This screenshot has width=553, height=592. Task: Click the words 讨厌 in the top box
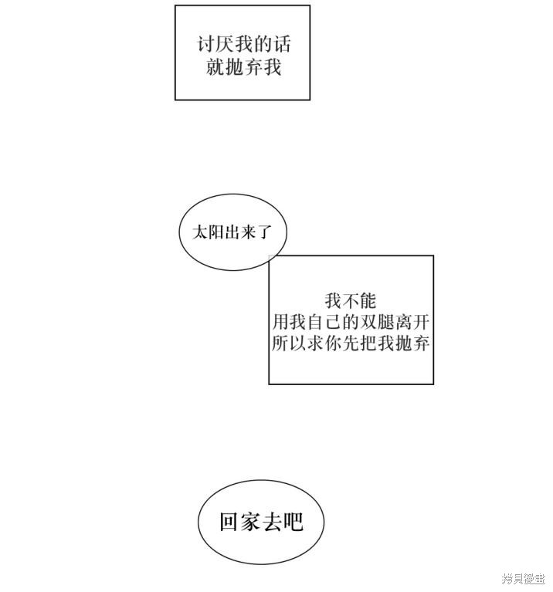215,45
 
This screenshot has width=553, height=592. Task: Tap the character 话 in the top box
282,45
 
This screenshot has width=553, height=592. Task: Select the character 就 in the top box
215,67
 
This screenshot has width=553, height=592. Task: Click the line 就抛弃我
243,67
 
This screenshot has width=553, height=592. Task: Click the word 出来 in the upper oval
240,232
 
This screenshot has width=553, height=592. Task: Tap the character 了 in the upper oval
264,232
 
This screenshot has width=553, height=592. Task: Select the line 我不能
350,301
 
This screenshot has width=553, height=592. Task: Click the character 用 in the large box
280,322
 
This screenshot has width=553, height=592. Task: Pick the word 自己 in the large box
324,322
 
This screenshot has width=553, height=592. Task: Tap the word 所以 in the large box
289,343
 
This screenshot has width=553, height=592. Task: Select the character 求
315,343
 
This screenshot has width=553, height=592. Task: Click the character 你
333,343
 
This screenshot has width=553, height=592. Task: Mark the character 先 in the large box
351,343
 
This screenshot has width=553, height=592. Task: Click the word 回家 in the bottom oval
240,523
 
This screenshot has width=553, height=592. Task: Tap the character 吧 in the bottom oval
293,523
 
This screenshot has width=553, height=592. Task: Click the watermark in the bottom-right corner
523,578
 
